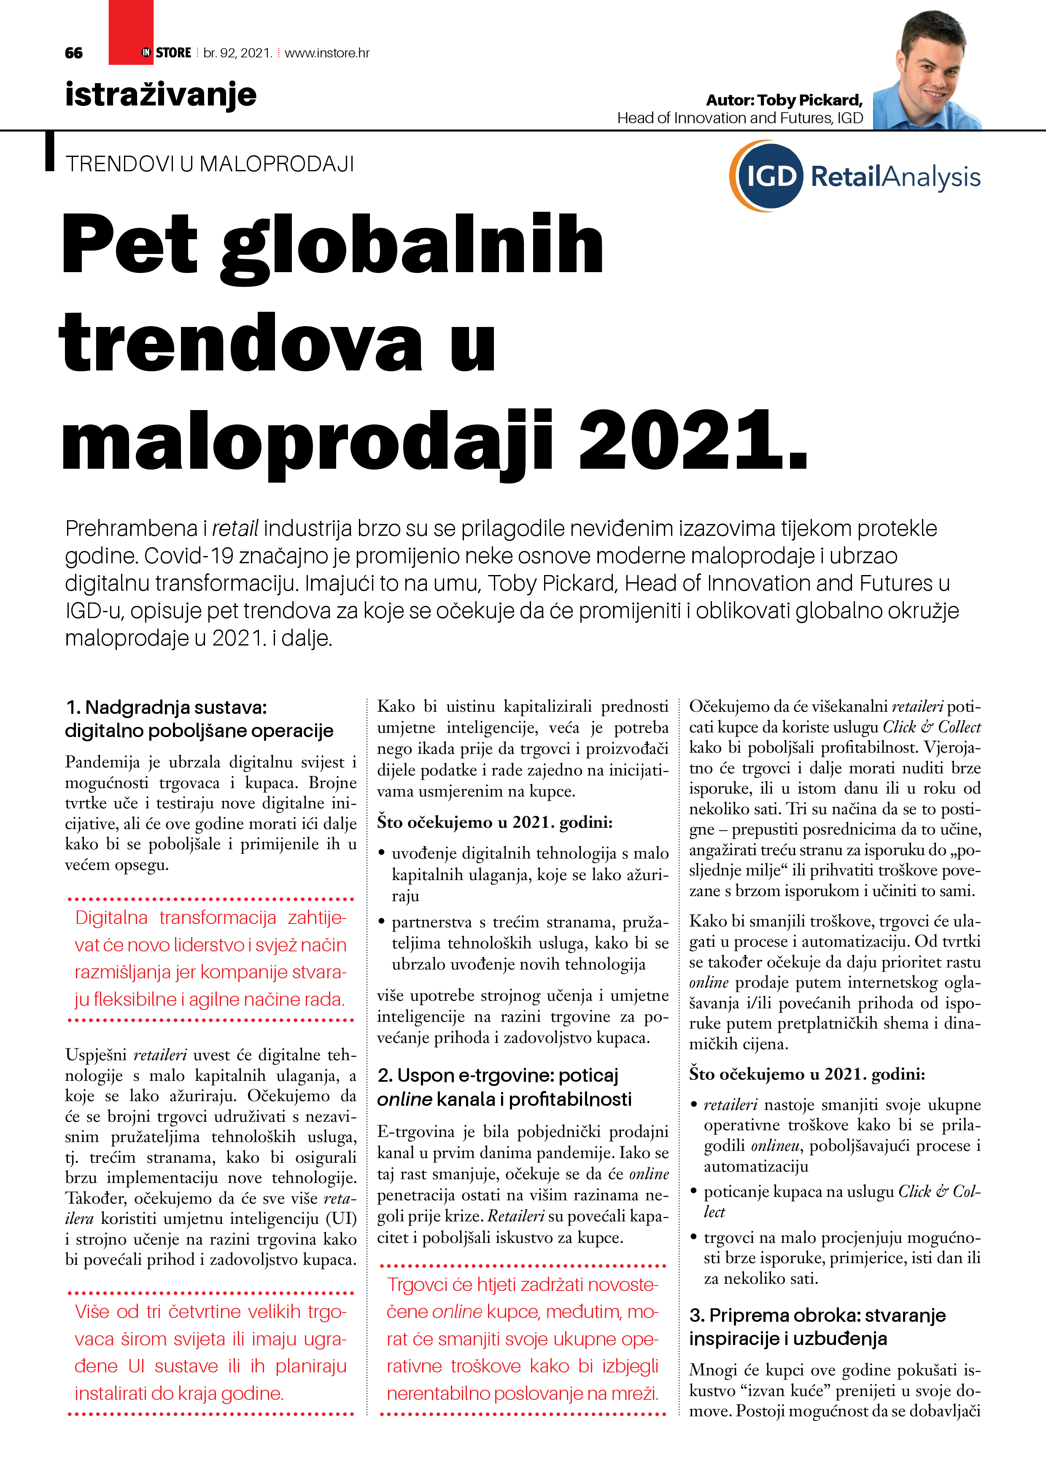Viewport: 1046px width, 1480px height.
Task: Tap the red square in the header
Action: [131, 32]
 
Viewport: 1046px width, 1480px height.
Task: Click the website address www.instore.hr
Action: [327, 53]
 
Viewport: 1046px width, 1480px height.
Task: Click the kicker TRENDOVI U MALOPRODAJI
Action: [210, 165]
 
